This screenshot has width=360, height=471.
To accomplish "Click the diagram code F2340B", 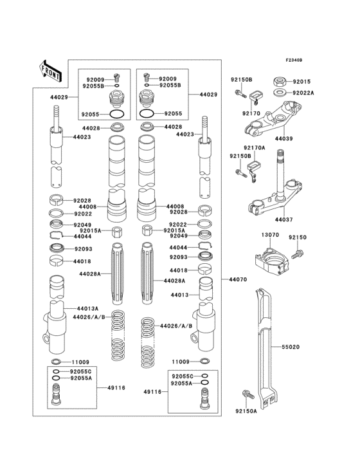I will click(294, 60).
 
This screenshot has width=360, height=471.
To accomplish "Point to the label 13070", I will click(269, 235).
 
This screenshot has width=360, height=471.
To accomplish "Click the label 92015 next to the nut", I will click(301, 82).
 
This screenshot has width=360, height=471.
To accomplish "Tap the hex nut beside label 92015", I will click(280, 82).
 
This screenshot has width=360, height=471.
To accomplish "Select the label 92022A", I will click(303, 93).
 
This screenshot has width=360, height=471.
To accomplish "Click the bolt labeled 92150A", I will click(245, 394).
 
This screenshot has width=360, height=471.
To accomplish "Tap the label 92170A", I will click(255, 147).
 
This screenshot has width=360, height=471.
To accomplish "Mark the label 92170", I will click(250, 113).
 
